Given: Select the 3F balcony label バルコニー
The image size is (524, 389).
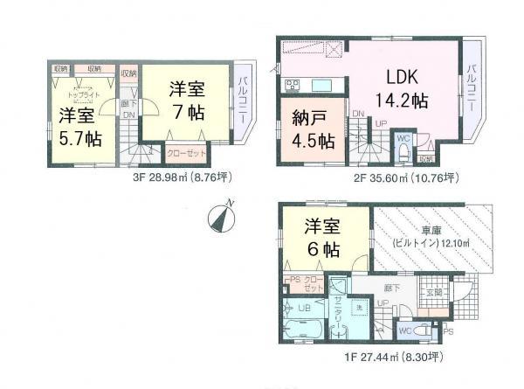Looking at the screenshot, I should coord(242,103).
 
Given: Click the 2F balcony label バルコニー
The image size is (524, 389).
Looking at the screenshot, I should coord(471,84).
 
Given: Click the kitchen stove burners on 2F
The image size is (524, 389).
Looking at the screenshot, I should coord(291,85).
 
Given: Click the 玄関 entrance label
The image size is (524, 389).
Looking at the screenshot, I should coord(434,292).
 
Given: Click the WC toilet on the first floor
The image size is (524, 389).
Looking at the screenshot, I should coord(406,330).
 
